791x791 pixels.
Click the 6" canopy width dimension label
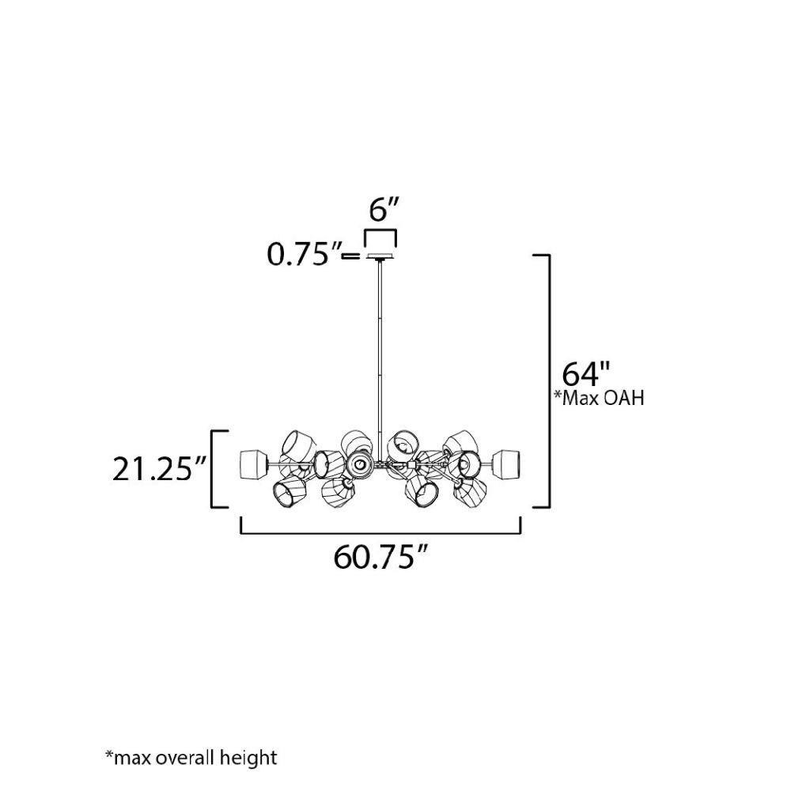(x=384, y=210)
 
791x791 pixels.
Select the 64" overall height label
(x=585, y=374)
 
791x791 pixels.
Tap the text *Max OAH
(x=600, y=398)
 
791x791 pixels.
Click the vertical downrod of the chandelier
(x=380, y=353)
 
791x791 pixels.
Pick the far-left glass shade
(x=253, y=464)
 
